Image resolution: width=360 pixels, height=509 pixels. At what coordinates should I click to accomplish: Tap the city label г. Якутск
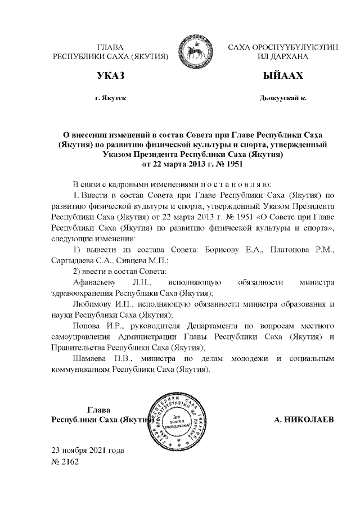(111, 98)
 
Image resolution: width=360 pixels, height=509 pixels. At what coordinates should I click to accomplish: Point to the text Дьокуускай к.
(283, 98)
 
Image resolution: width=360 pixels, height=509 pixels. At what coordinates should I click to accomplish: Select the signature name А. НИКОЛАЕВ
(304, 420)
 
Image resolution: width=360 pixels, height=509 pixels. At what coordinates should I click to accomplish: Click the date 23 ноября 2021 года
(88, 451)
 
